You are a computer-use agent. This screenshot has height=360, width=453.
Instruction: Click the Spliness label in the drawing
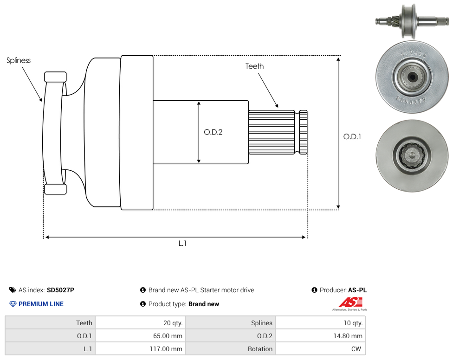(x=19, y=60)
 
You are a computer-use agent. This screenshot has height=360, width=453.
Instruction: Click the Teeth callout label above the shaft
(x=254, y=66)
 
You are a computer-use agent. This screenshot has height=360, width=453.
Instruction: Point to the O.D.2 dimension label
(x=213, y=132)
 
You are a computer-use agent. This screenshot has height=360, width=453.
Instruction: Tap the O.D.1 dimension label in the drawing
(x=352, y=136)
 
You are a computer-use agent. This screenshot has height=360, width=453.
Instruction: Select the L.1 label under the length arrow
(x=182, y=244)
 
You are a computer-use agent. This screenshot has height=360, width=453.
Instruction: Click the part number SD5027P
(x=60, y=290)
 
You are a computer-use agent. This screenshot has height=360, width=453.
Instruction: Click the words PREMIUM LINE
(x=41, y=304)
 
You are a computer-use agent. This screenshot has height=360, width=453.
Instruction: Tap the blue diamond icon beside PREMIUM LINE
(x=13, y=304)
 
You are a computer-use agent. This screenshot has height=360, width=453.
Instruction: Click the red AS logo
(x=350, y=302)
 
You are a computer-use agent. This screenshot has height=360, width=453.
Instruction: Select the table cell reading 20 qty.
(x=141, y=323)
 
